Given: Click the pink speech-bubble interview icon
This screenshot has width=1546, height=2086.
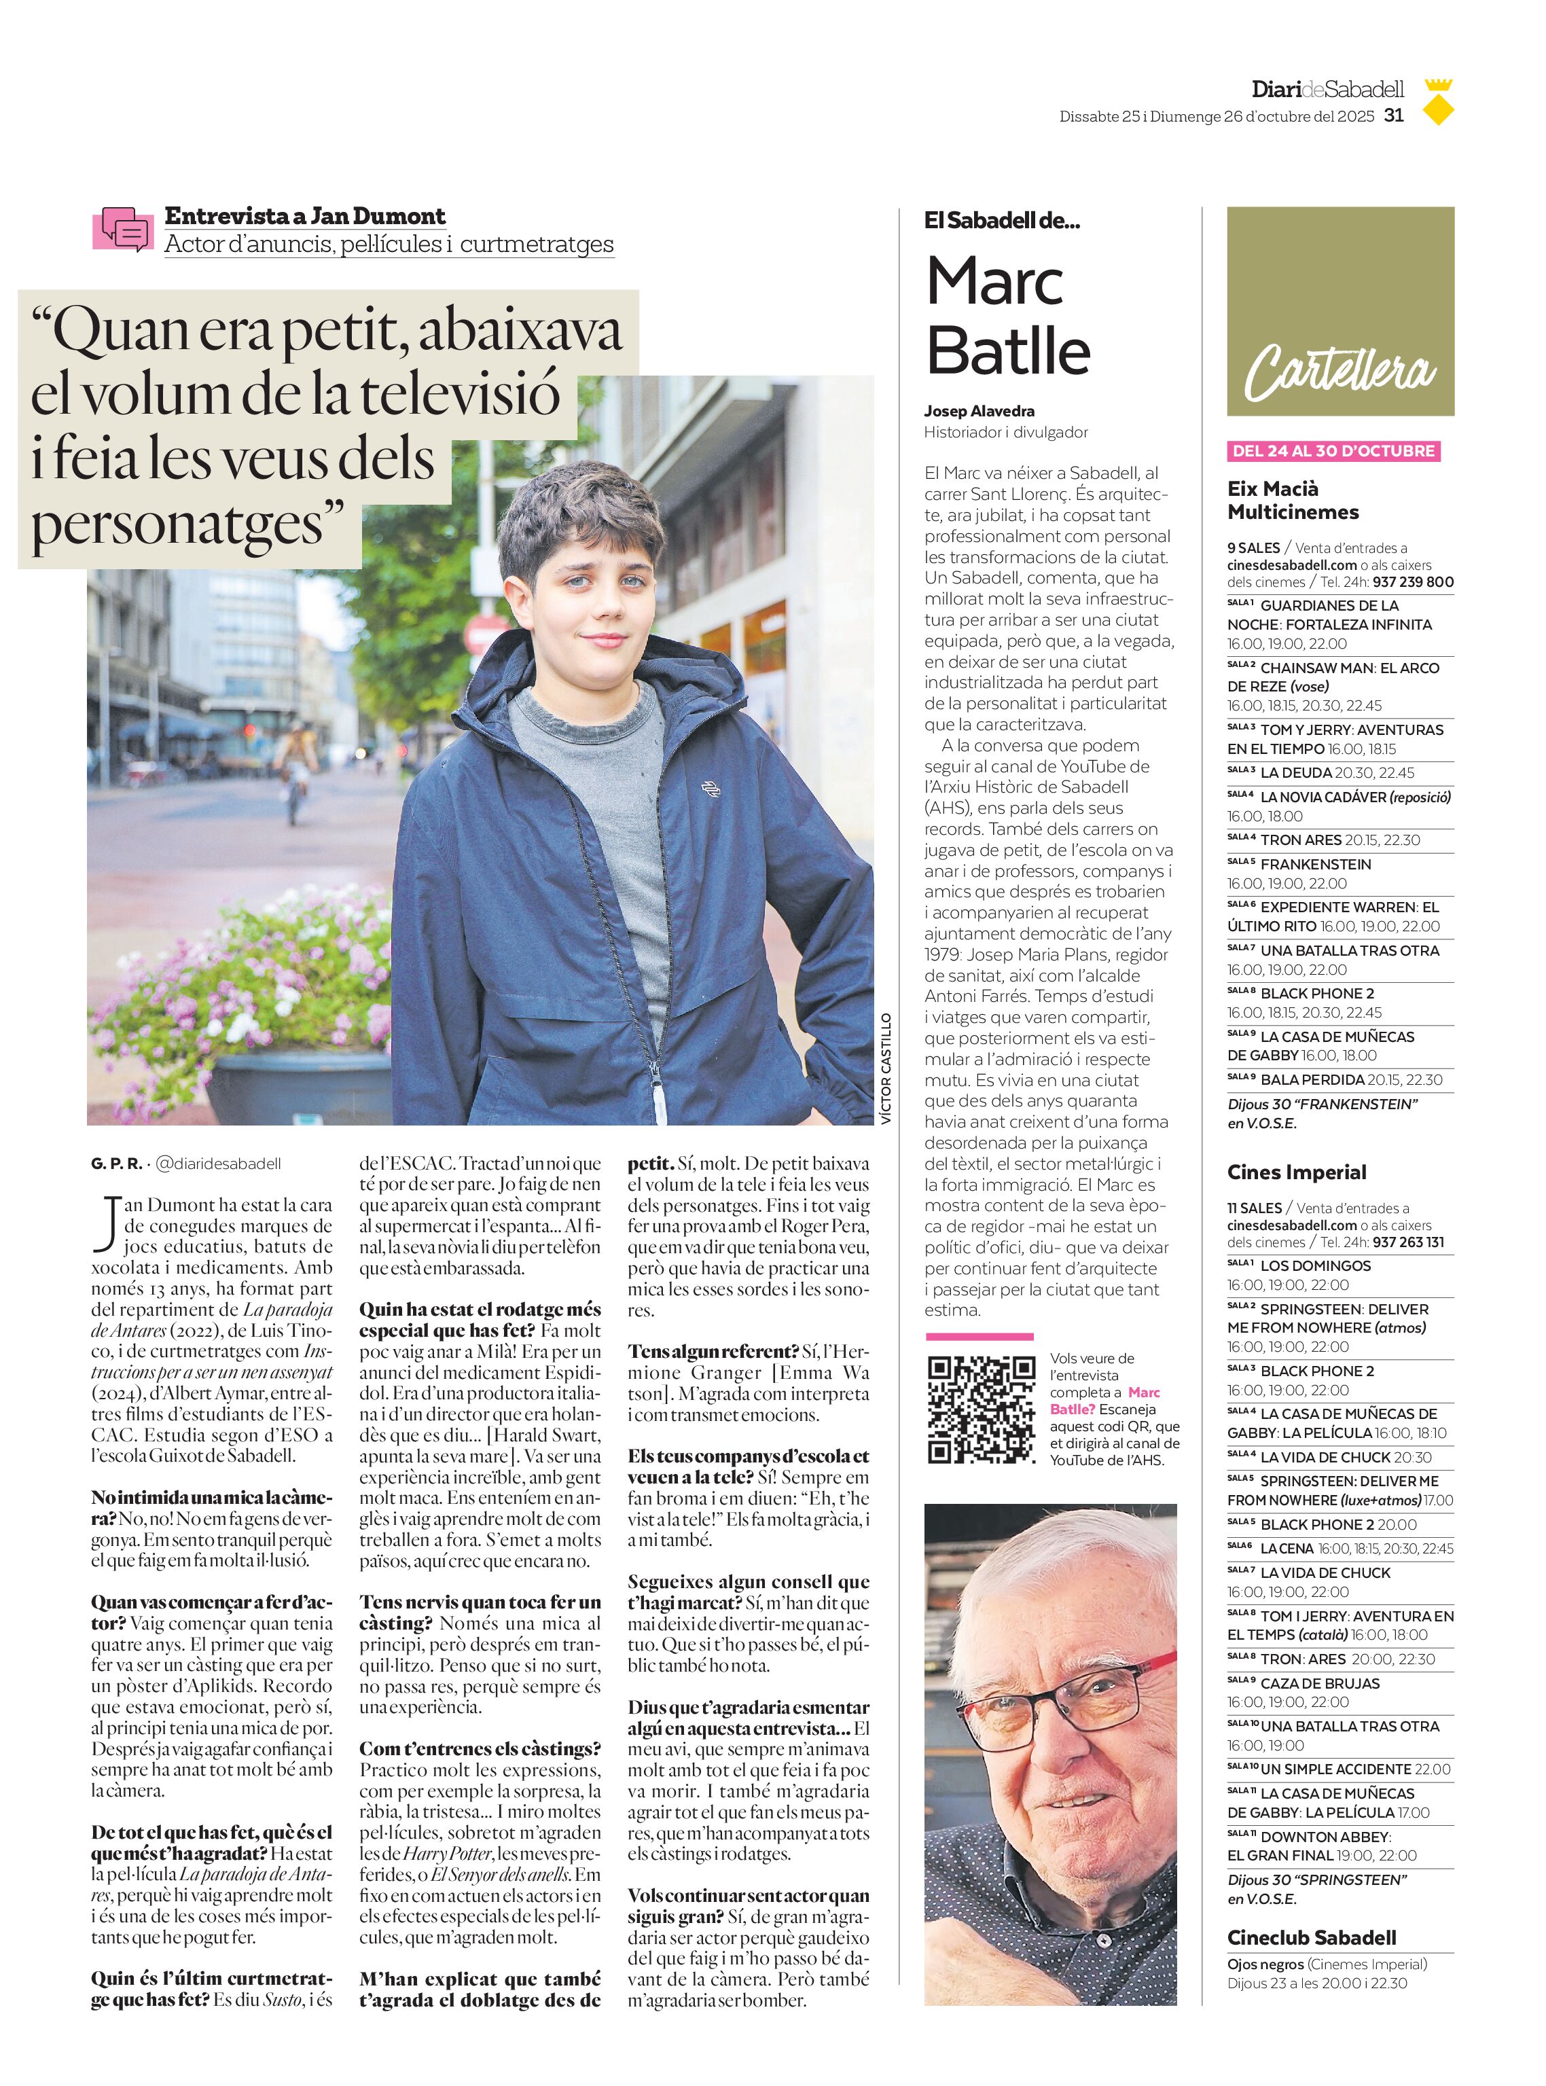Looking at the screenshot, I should (x=122, y=228).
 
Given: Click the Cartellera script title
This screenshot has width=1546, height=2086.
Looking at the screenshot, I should (x=1340, y=370).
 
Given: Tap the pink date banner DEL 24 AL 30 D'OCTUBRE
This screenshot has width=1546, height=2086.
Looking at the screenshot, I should (x=1333, y=451).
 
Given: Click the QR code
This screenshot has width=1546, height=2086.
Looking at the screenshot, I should (x=982, y=1409).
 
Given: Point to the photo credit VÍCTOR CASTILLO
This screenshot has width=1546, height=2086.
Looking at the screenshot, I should (x=885, y=1068).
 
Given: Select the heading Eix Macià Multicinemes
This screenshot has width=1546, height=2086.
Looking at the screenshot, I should (x=1293, y=500).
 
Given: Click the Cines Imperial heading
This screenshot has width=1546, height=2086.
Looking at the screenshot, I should (x=1296, y=1172).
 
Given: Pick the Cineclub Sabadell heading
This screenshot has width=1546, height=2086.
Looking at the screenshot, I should (x=1311, y=1937).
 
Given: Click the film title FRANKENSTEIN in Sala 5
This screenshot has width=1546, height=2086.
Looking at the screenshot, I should (x=1315, y=864).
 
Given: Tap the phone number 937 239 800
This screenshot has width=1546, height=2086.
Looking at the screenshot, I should (x=1412, y=582).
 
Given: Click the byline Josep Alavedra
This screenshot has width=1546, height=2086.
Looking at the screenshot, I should (x=979, y=411).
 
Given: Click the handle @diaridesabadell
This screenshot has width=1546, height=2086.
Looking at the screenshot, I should (x=217, y=1164).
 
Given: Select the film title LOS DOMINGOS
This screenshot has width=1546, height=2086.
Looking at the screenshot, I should (x=1315, y=1265).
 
